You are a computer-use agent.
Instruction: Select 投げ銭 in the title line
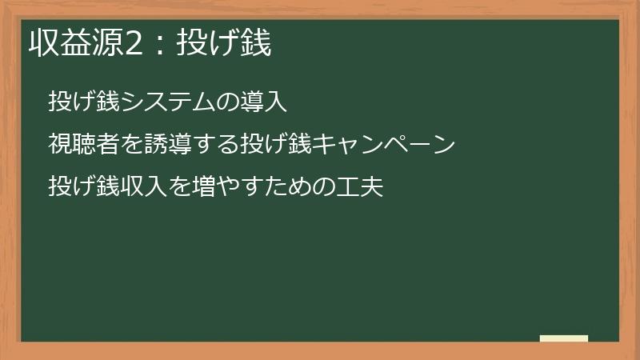pos(224,45)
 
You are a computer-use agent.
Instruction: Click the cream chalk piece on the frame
pos(564,338)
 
